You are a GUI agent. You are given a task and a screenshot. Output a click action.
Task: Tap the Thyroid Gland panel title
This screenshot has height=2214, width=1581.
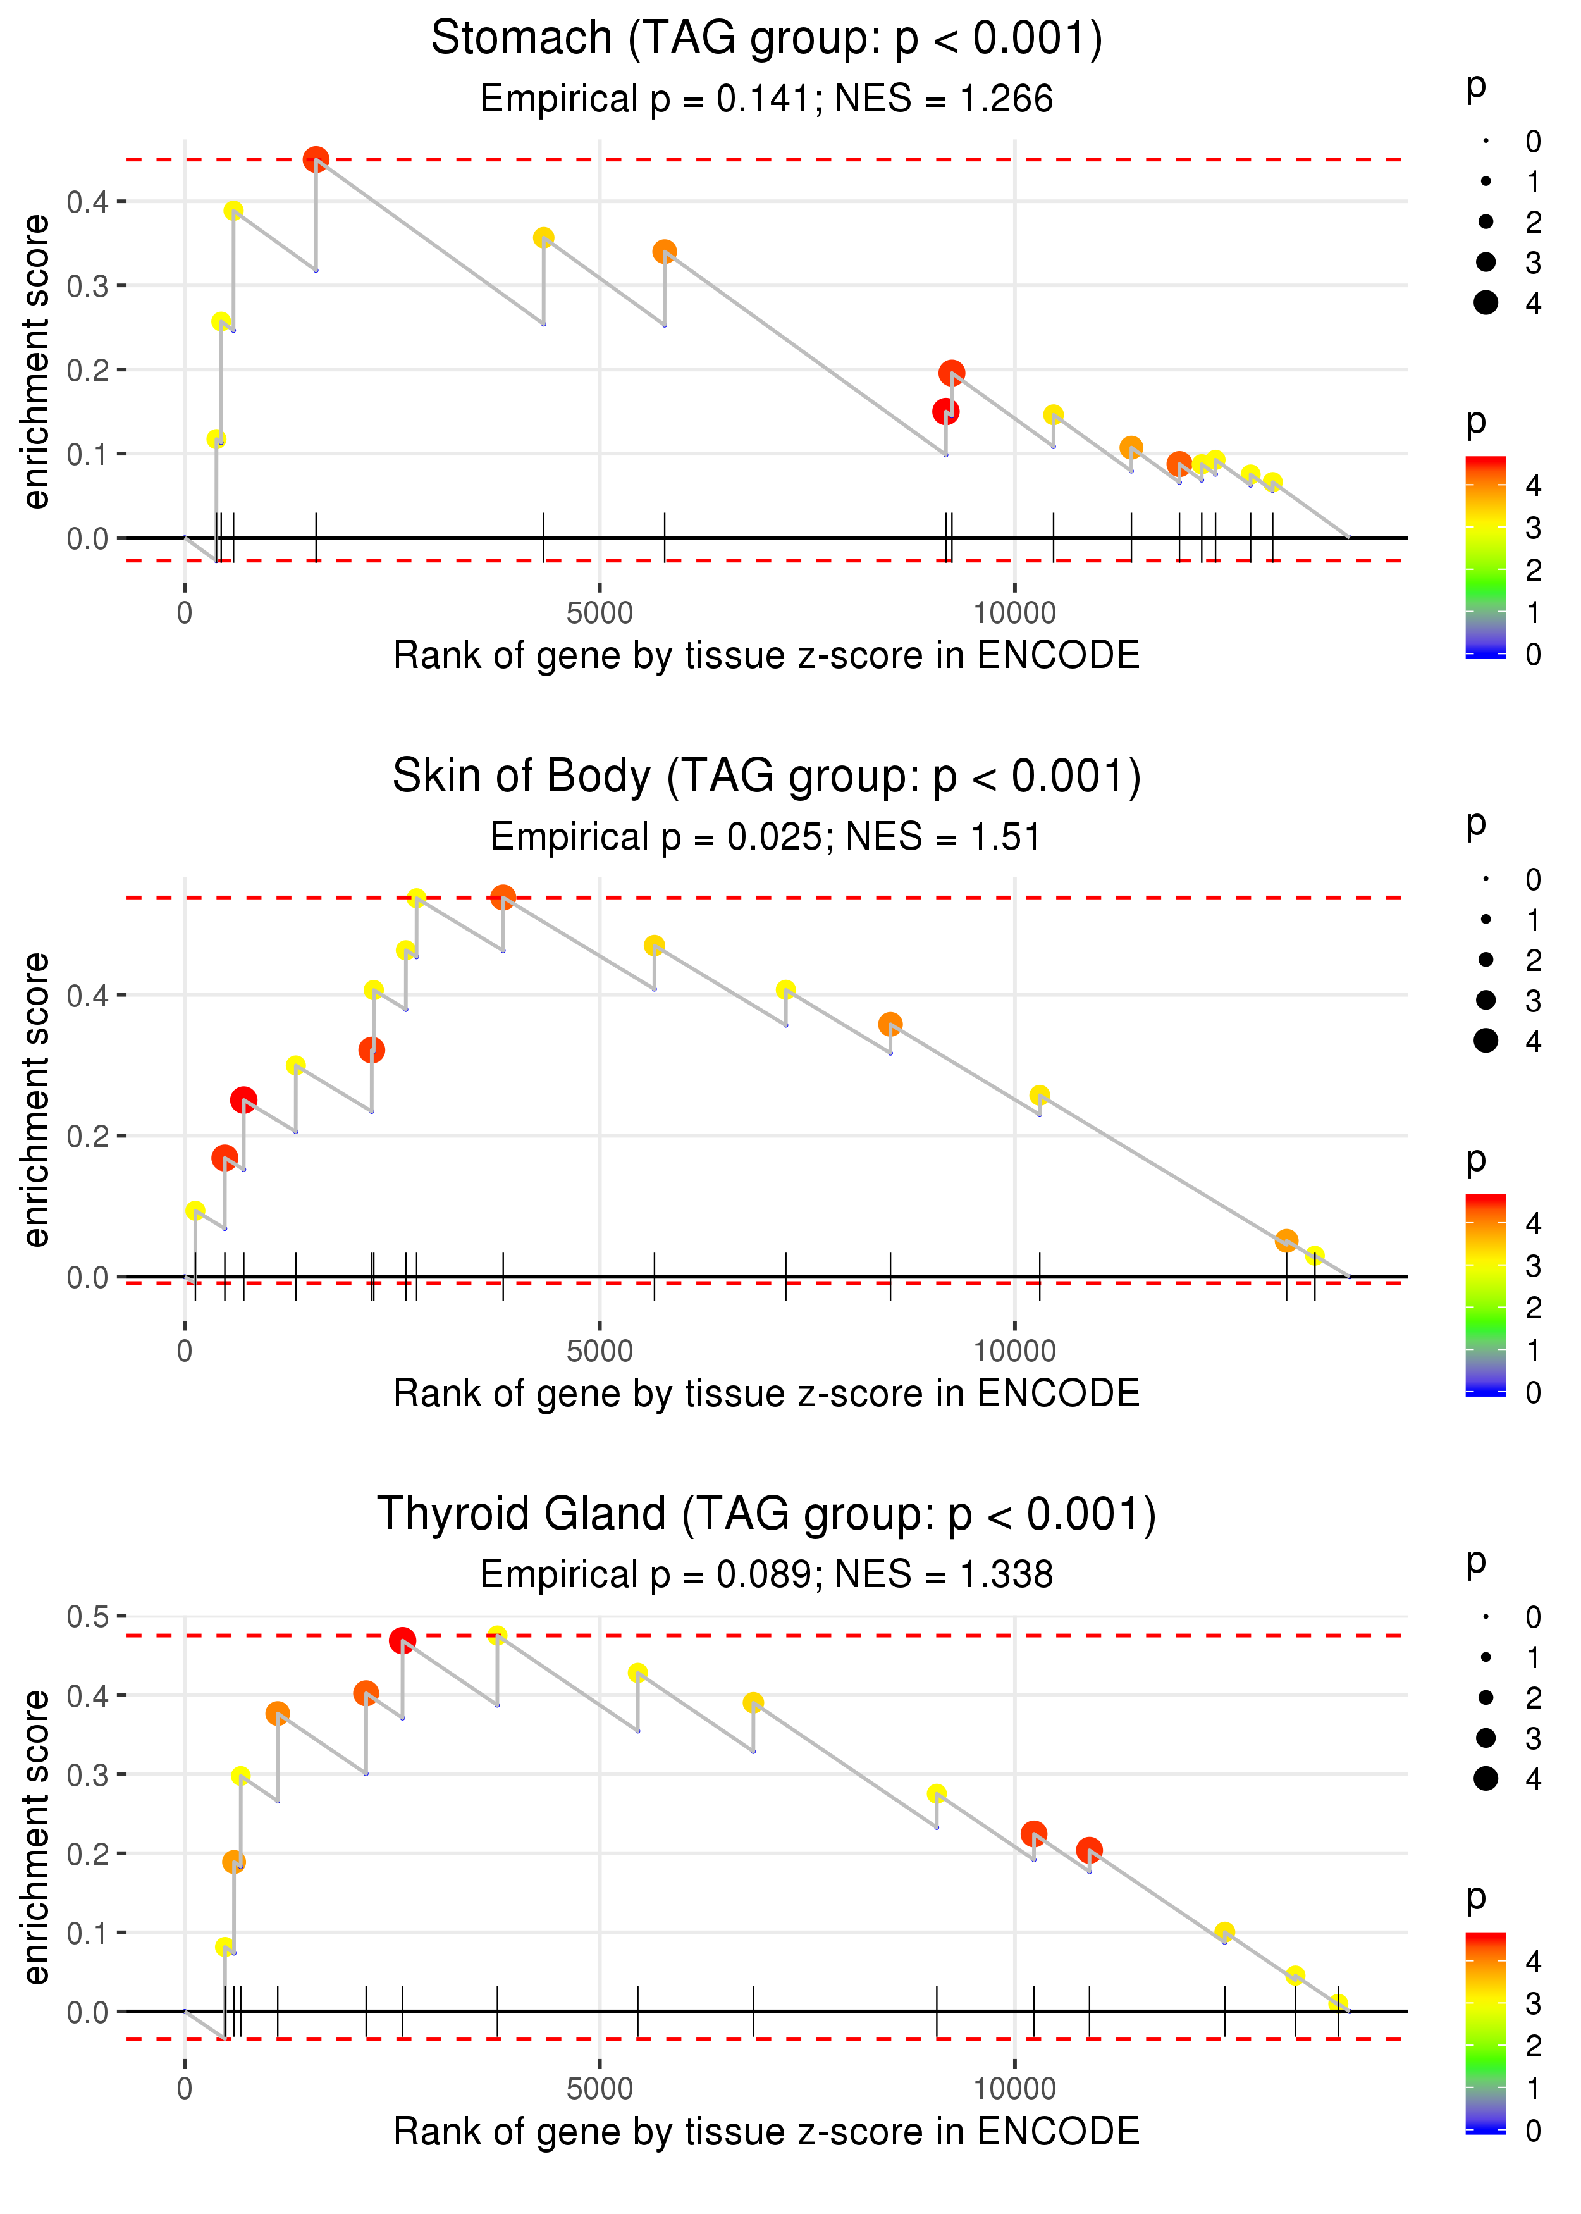tap(766, 1514)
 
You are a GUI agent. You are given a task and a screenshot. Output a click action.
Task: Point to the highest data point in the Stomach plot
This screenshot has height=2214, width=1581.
tap(316, 159)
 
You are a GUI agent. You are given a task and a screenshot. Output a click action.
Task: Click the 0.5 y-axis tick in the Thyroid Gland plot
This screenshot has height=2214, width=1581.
tap(88, 1616)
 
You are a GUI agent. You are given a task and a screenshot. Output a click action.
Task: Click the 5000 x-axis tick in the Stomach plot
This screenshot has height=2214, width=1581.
tap(600, 614)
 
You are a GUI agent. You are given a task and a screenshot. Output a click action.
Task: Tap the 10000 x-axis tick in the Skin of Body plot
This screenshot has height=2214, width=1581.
tap(1014, 1351)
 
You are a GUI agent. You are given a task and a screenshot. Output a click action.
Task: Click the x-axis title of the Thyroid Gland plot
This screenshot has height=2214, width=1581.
tap(766, 2132)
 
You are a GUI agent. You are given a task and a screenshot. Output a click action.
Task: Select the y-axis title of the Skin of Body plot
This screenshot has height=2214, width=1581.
tap(36, 1099)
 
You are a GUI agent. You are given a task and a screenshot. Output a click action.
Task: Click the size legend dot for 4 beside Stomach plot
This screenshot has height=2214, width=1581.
tap(1486, 303)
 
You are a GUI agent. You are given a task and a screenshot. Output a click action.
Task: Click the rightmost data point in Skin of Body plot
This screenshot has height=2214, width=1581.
tap(1314, 1256)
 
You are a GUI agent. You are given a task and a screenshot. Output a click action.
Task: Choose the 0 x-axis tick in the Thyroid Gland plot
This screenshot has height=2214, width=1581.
tap(185, 2089)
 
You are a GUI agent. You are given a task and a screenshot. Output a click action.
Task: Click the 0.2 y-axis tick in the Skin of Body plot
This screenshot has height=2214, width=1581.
tap(88, 1136)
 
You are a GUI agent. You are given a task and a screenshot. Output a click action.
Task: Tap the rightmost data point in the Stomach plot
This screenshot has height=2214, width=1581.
tap(1272, 482)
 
